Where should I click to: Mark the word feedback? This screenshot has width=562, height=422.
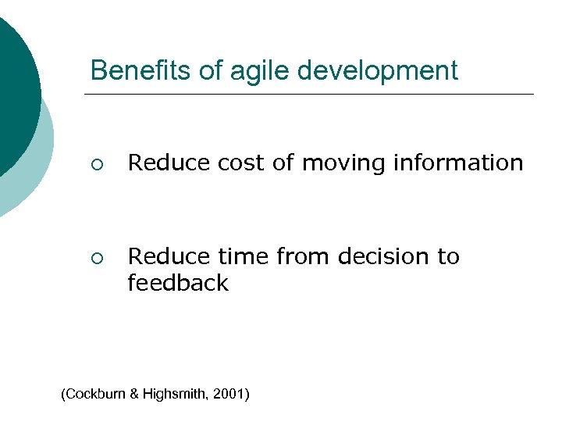tap(178, 283)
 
